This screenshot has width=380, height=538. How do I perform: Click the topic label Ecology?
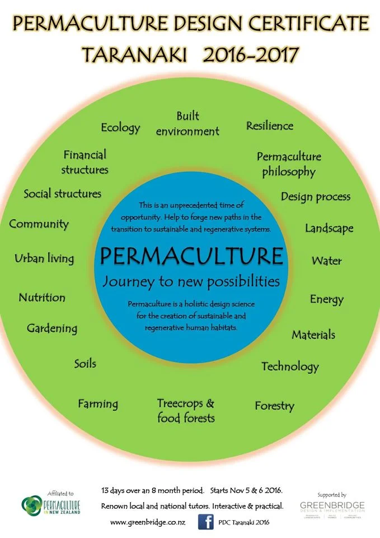tap(120, 128)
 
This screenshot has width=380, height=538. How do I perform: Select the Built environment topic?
tap(187, 124)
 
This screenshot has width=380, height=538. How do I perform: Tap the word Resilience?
tap(270, 126)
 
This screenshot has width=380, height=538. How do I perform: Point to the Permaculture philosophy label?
tap(289, 164)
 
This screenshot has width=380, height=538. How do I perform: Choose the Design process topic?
tap(316, 197)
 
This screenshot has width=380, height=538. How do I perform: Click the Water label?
tap(326, 261)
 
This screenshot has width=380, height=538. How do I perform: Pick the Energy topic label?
tap(326, 299)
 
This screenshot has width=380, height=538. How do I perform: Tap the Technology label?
tap(290, 367)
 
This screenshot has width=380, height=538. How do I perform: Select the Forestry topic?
tap(274, 406)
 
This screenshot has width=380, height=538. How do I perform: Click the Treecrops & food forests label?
tap(186, 410)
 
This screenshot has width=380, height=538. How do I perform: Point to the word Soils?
tap(85, 364)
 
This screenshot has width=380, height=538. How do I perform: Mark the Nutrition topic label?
tap(42, 298)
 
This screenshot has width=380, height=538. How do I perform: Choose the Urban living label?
tap(44, 258)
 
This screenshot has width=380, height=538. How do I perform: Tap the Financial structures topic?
tap(85, 161)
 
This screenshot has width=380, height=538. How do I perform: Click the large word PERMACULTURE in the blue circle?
tap(191, 257)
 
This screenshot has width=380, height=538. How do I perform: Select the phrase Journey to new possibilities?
tap(191, 280)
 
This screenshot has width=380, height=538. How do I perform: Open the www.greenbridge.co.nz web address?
tap(147, 522)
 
